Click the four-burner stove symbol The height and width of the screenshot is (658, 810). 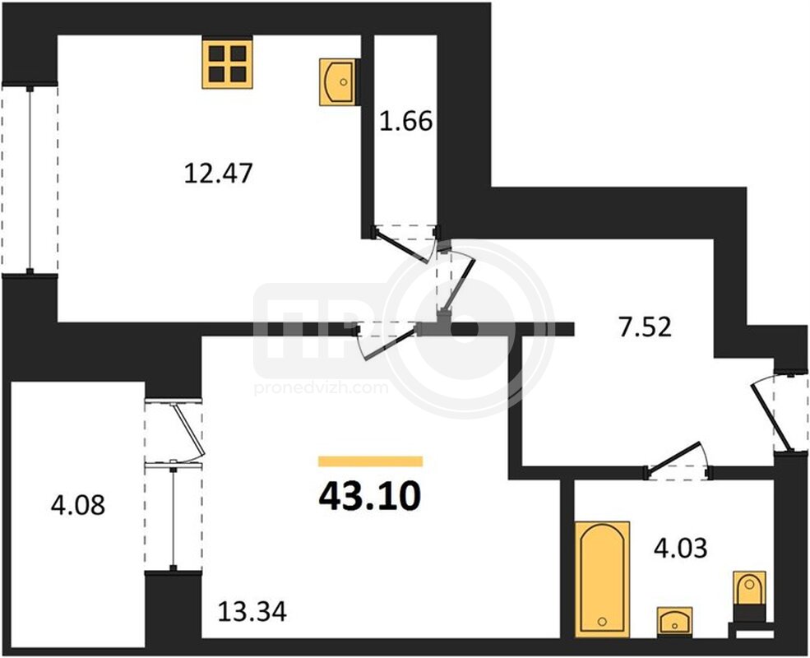point(227,63)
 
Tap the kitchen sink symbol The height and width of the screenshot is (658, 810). point(337,82)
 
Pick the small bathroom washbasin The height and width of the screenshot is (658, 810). point(674,621)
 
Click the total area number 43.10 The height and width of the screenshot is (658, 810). point(370,495)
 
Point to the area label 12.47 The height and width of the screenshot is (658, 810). point(219,173)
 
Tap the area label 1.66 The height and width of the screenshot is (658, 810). point(406,122)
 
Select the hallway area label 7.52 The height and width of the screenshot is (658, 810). point(646,327)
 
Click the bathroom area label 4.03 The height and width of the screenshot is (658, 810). point(680,548)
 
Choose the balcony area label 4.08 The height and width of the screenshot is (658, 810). point(78,505)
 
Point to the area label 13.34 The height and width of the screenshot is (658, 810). point(252,612)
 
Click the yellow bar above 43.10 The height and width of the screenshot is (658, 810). point(370,461)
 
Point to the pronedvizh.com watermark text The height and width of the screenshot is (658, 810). point(321,388)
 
